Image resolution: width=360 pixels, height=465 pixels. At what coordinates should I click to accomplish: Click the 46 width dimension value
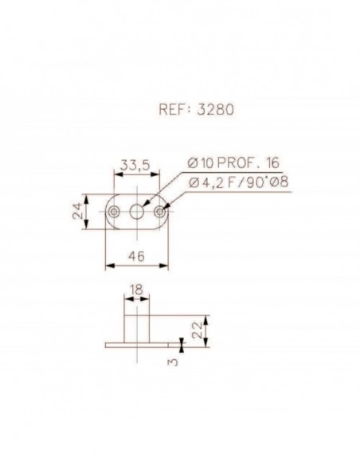pyautogui.click(x=139, y=256)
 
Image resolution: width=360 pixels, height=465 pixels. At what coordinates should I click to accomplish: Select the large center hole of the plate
pyautogui.click(x=139, y=210)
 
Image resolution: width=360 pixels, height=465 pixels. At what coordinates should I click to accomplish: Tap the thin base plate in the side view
pyautogui.click(x=139, y=344)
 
